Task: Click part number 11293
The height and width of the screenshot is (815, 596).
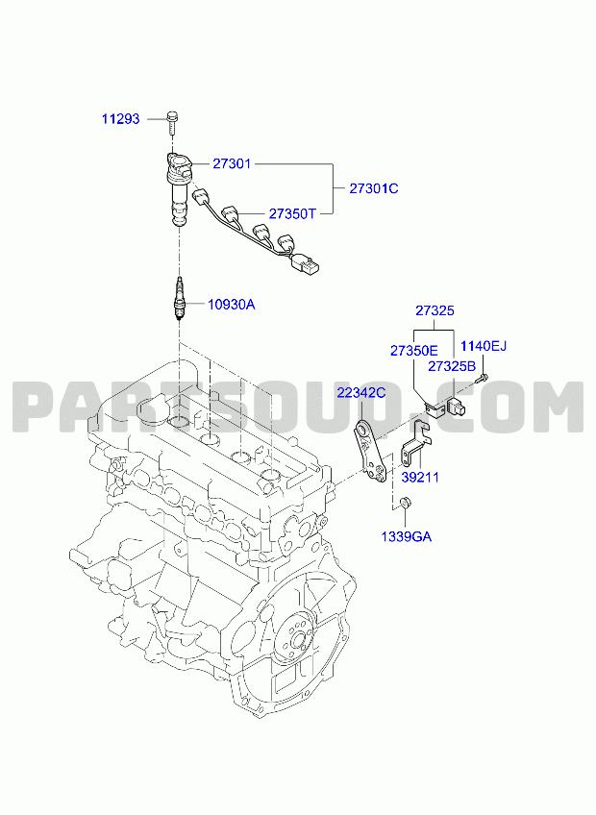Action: coord(121,119)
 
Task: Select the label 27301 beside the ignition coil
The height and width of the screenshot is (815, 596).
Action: coord(232,163)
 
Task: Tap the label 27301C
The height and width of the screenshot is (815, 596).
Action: coord(373,188)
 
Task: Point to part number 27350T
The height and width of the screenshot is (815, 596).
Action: coord(292,213)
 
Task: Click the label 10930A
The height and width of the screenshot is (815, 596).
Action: coord(232,304)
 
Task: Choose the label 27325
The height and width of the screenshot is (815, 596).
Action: coord(435,310)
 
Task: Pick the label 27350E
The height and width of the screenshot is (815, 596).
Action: coord(414,351)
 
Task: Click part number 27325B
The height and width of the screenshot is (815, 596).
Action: coord(452,366)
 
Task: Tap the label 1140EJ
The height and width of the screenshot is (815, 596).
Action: coord(484,346)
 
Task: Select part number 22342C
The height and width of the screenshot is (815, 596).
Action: coord(361,392)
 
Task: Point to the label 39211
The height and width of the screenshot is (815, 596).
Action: coord(420,477)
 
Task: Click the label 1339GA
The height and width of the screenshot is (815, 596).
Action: coord(407,536)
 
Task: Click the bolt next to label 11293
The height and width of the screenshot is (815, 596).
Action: coord(172,120)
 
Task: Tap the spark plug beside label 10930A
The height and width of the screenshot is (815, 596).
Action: coord(180,301)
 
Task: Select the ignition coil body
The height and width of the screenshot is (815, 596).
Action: coord(179,188)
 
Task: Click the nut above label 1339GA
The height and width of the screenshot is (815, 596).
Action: coord(404,504)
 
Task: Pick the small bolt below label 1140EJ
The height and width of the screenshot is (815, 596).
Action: coord(482,378)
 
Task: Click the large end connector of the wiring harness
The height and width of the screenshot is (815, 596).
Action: coord(304,263)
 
